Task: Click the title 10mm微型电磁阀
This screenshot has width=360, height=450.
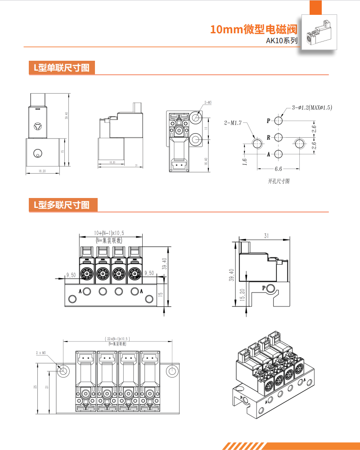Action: [x=254, y=30]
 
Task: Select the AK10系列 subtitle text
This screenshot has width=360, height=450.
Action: [x=282, y=41]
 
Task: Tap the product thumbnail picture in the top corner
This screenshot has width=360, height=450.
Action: [x=319, y=33]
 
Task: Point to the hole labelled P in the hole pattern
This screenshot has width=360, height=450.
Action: [x=279, y=121]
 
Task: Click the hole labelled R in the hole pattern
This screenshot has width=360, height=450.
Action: [x=279, y=137]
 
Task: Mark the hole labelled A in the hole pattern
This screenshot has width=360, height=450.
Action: [x=279, y=154]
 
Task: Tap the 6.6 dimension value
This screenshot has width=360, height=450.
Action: [x=278, y=169]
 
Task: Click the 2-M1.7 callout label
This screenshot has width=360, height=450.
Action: [x=233, y=122]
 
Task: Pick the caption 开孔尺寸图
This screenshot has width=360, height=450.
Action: [x=279, y=181]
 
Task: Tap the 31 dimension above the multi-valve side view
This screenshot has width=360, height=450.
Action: [x=266, y=235]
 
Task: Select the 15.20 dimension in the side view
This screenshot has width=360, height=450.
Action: [x=243, y=295]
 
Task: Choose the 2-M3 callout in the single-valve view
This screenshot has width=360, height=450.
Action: [x=207, y=103]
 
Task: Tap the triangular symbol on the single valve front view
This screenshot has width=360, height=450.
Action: [x=38, y=126]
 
